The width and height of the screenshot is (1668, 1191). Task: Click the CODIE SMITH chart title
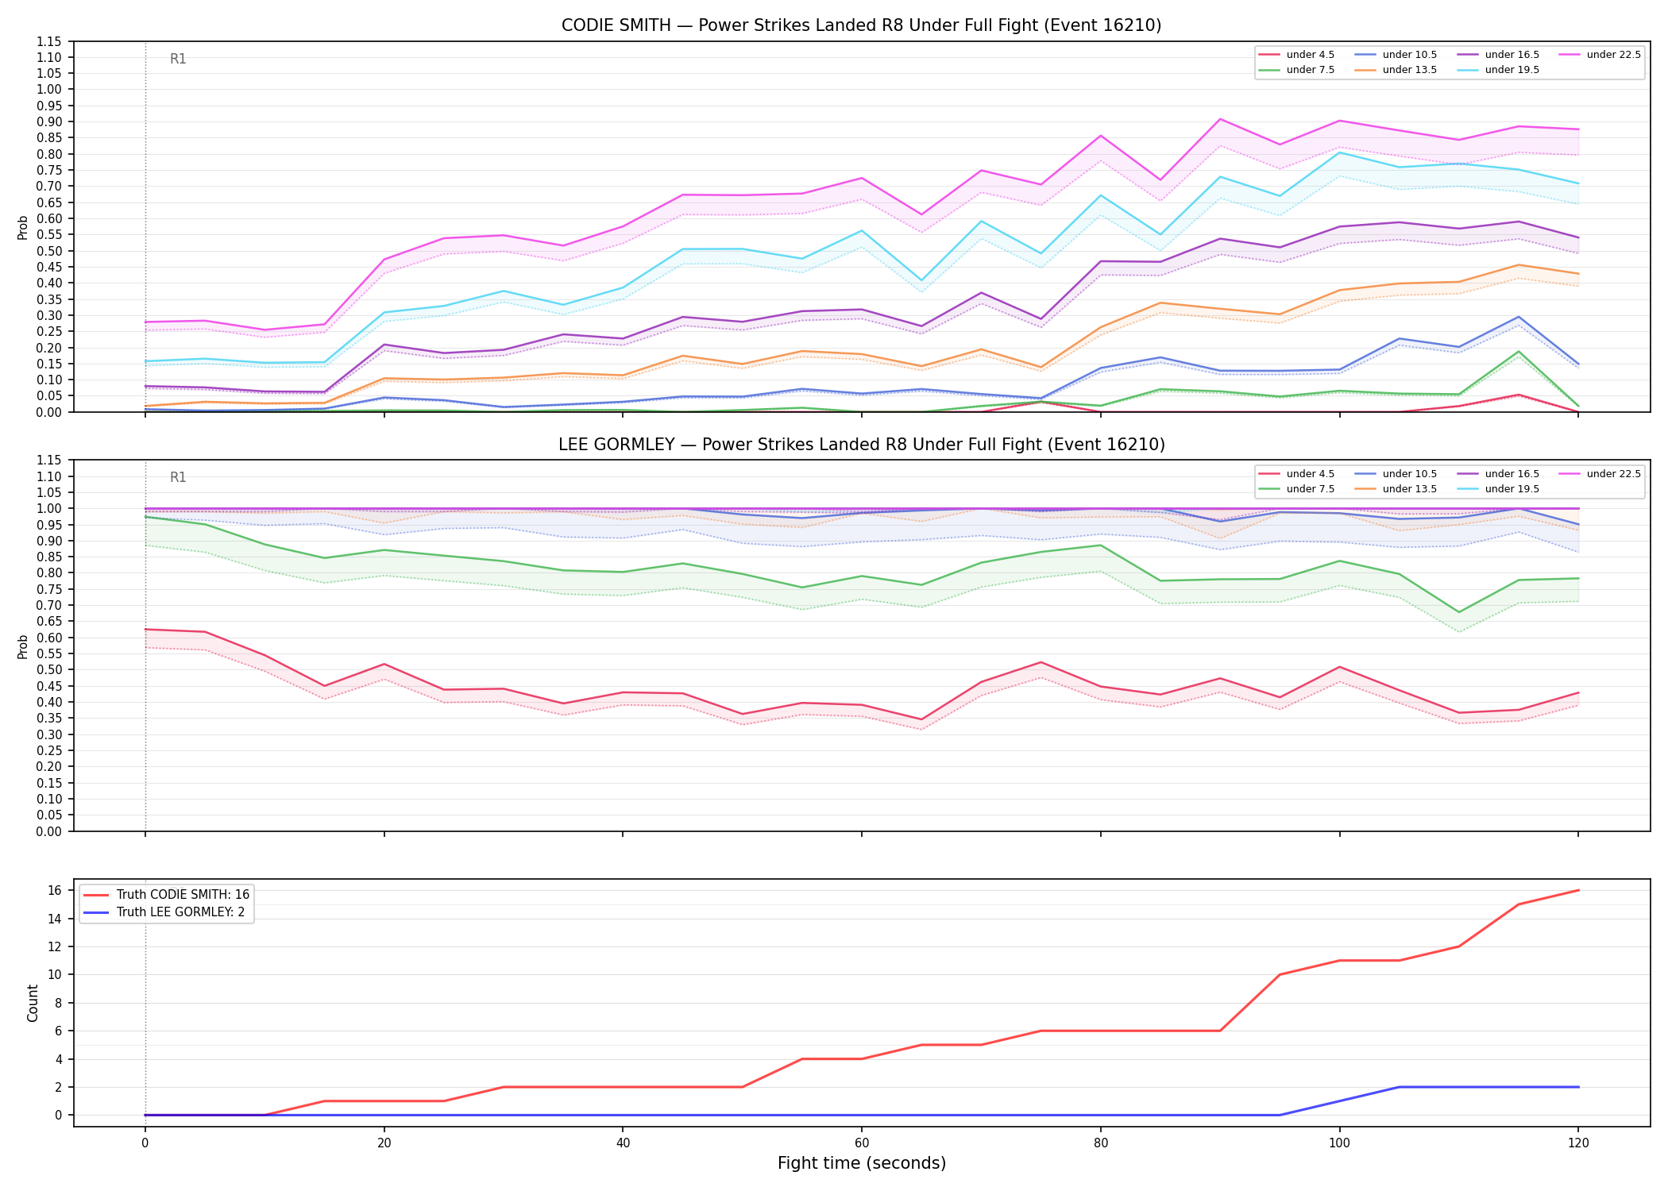coord(861,25)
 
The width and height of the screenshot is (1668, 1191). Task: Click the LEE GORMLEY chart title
coord(861,445)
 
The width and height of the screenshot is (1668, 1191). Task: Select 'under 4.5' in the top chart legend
coord(1310,55)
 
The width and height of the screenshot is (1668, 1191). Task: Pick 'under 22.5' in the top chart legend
coord(1613,55)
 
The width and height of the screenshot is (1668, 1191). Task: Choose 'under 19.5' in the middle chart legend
coord(1512,489)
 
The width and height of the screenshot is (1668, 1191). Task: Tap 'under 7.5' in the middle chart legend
coord(1310,489)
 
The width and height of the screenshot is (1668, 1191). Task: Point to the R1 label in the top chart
coord(178,59)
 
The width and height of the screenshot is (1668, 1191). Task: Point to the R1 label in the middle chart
coord(178,477)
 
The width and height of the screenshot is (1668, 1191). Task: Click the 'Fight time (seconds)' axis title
coord(862,1163)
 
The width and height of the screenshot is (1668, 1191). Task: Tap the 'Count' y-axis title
coord(33,1003)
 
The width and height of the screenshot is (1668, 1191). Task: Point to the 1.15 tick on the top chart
coord(49,41)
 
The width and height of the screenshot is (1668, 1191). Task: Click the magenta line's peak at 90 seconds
coord(1220,119)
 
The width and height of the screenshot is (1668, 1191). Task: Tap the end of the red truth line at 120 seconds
coord(1578,890)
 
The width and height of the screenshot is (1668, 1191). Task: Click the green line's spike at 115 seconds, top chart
coord(1519,352)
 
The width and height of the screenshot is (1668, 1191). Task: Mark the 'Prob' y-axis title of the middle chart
coord(23,646)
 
